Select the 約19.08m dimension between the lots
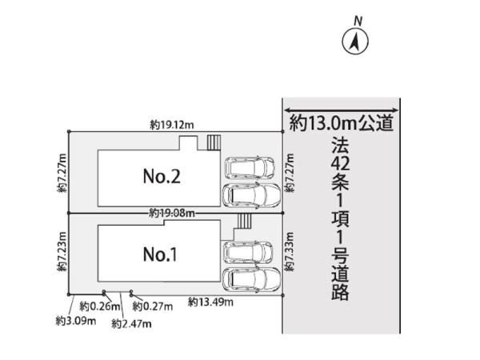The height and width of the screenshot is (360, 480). [x=173, y=213]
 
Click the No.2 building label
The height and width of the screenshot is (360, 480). [x=161, y=177]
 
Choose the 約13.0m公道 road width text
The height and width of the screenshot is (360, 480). [x=342, y=122]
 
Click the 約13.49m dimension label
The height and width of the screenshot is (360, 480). [x=211, y=302]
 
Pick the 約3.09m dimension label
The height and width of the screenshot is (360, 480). [x=76, y=321]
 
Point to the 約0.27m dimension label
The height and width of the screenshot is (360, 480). [x=151, y=306]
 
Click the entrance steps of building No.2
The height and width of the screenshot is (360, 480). [x=213, y=142]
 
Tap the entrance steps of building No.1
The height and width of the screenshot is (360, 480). [x=245, y=222]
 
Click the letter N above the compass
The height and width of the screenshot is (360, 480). [x=359, y=18]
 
